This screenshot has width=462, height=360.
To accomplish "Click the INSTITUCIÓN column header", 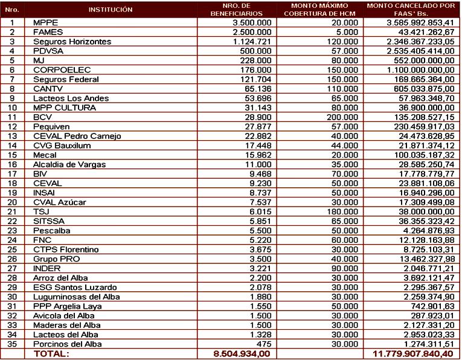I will click(x=110, y=10).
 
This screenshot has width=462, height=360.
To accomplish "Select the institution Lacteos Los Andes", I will click(x=70, y=99).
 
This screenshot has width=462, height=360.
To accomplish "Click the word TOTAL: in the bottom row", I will click(x=52, y=354).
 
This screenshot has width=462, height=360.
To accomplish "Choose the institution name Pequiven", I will click(x=52, y=127).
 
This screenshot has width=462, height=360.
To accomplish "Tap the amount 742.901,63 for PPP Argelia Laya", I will click(x=432, y=306).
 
